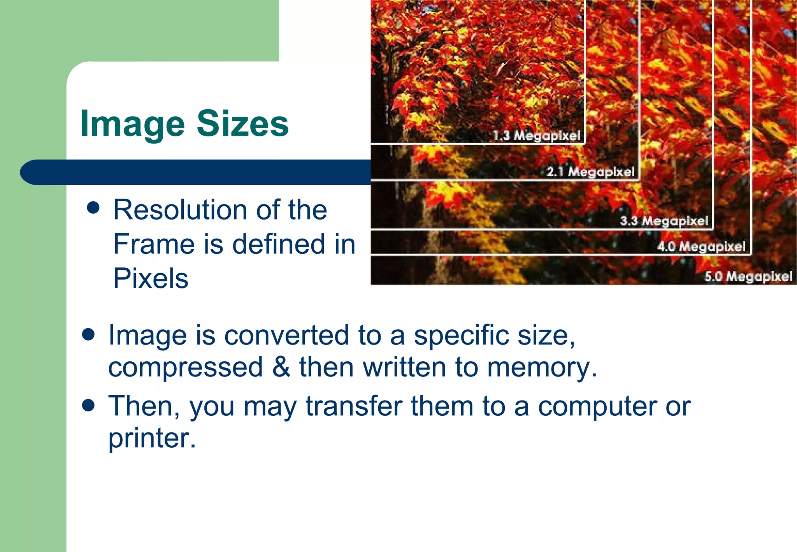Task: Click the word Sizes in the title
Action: [242, 123]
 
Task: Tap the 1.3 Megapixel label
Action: [536, 135]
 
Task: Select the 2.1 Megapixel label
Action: [590, 172]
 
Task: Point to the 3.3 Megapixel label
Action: [664, 221]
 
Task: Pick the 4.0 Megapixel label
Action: [701, 246]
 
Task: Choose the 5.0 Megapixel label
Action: [748, 276]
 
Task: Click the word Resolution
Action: [180, 210]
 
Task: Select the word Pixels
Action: [151, 278]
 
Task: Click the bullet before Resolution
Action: [93, 208]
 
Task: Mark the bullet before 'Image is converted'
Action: [89, 334]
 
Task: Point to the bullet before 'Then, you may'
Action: [89, 405]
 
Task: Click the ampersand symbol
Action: [281, 367]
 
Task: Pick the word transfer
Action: [354, 406]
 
